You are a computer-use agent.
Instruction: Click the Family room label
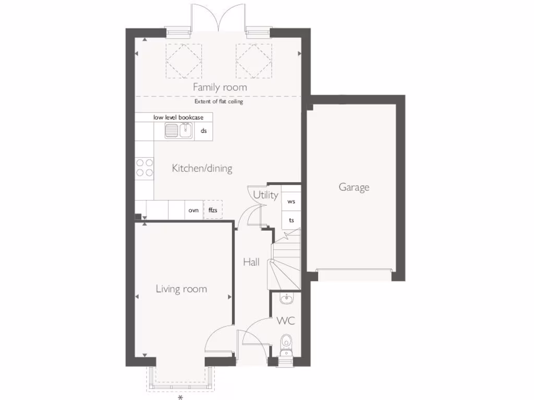pos(220,87)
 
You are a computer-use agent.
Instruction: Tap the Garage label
pos(354,187)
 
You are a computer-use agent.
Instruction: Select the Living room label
pos(181,289)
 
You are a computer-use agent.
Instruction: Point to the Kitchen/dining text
pos(202,168)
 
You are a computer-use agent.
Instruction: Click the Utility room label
pos(265,195)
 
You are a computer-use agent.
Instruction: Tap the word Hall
pos(251,262)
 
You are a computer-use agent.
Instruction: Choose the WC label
pos(285,321)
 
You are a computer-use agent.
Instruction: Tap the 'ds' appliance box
pos(204,131)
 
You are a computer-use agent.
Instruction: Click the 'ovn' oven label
pos(193,210)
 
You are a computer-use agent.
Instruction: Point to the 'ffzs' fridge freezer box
pos(213,210)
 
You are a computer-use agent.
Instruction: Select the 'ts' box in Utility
pos(291,220)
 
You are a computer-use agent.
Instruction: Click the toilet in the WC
pos(285,342)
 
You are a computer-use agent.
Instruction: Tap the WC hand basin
pos(286,299)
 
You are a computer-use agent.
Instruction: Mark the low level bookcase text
pos(178,118)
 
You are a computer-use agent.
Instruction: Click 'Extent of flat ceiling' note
pos(219,102)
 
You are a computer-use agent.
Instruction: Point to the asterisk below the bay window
pos(180,397)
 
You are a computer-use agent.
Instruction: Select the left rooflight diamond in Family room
pos(184,61)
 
